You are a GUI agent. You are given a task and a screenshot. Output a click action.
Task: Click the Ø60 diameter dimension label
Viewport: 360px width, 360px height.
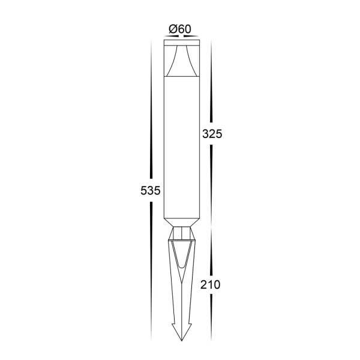[179, 28]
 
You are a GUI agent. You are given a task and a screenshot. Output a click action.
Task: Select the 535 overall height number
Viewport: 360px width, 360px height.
[149, 191]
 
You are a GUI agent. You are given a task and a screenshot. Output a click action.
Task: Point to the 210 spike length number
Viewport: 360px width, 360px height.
[211, 284]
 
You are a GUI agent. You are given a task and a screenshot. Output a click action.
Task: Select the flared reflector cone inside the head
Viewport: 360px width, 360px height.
[180, 62]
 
